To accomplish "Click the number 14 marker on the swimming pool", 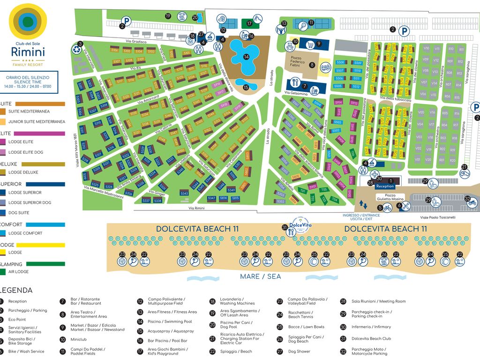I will point(246,57).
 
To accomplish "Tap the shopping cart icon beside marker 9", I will point(310,45).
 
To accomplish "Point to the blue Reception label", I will point(385,186).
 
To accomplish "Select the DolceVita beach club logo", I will point(300,224).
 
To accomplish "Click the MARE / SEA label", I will point(260,277).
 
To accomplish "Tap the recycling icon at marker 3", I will point(75,49).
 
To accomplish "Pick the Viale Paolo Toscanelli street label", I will point(437,217).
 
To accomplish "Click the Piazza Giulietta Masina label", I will point(391,197).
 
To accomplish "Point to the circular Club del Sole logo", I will point(28,22).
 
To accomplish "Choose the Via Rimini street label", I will point(197,208).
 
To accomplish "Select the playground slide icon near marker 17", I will point(250,24).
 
